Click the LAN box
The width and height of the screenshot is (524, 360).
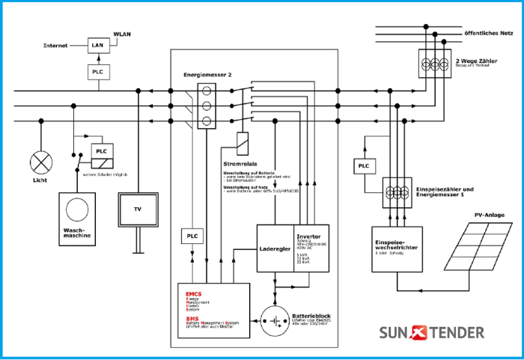point(97,46)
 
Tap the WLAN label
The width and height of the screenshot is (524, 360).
point(121,34)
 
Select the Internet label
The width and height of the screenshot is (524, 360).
point(55,46)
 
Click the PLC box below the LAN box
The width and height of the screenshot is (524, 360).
point(97,72)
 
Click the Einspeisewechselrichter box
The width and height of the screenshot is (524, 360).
point(396,247)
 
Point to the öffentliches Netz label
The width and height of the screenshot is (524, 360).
point(488,34)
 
